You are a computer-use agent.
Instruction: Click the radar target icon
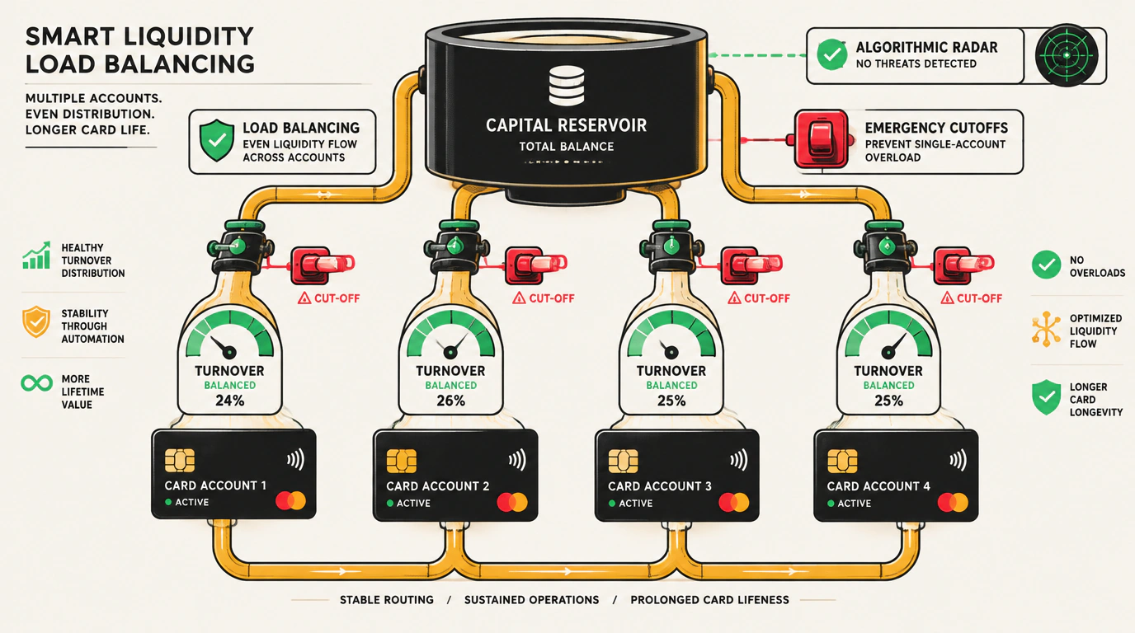coord(1067,55)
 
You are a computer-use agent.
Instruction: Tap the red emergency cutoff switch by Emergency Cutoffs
coord(821,139)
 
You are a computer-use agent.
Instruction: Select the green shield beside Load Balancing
coord(217,140)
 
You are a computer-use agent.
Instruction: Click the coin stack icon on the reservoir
coord(567,86)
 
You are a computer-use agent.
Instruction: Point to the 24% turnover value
coord(230,401)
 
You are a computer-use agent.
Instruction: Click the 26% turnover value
coord(450,401)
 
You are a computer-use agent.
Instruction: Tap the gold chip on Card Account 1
coord(179,459)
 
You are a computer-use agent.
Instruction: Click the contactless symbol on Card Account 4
coord(958,460)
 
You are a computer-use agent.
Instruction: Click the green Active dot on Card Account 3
coord(611,504)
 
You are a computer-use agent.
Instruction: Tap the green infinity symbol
coord(36,383)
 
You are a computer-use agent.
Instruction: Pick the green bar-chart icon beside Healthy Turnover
coord(36,255)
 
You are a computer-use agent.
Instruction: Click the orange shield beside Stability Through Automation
coord(36,321)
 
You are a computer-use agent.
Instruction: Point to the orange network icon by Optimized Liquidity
coord(1046,329)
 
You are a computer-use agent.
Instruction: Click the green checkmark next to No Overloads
coord(1046,265)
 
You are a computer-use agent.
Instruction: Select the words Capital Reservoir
coord(567,125)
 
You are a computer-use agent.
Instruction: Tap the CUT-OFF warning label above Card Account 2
coord(544,298)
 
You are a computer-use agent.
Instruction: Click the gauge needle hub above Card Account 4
coord(888,353)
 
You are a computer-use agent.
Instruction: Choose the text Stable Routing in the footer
coord(387,600)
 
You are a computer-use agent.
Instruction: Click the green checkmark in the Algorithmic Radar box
coord(831,54)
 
